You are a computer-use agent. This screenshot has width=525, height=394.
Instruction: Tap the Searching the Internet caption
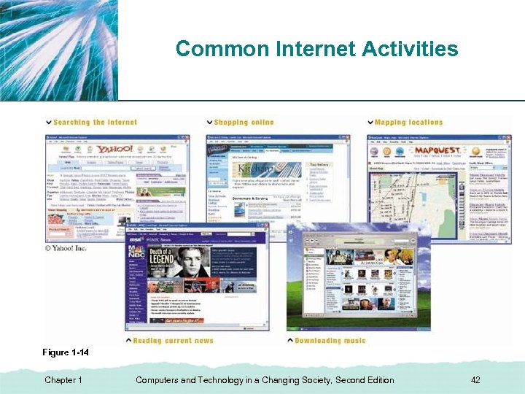click(x=95, y=123)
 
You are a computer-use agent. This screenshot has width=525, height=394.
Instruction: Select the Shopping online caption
click(x=244, y=123)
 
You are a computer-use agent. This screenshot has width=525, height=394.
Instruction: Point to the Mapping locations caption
click(x=408, y=123)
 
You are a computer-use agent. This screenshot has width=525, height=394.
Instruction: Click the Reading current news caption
click(x=174, y=340)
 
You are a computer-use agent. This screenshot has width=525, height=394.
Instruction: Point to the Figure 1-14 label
click(x=66, y=352)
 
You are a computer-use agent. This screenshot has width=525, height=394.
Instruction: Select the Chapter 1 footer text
click(x=63, y=379)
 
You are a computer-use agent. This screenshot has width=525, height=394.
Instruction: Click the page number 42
click(x=475, y=379)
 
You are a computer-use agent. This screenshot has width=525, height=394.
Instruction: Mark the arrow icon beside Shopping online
click(x=209, y=123)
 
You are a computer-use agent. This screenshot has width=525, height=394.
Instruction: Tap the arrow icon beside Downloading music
click(x=289, y=340)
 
